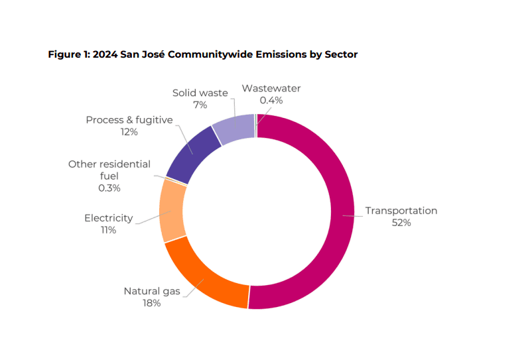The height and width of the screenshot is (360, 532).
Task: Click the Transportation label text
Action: (x=401, y=211)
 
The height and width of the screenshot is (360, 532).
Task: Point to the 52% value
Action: (x=401, y=223)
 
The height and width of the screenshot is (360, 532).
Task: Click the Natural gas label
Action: (x=151, y=291)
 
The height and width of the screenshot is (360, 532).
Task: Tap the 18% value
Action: (x=151, y=303)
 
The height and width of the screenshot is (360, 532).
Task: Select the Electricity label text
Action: (x=109, y=218)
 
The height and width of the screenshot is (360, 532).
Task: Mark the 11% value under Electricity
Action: (x=109, y=230)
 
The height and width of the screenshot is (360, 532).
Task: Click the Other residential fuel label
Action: (x=109, y=170)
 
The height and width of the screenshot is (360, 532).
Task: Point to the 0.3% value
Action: (x=109, y=188)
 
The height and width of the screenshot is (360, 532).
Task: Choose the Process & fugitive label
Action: (x=129, y=120)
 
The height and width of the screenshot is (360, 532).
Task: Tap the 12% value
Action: (x=129, y=132)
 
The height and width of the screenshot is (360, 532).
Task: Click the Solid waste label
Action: (x=200, y=93)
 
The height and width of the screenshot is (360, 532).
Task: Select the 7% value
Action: (x=200, y=105)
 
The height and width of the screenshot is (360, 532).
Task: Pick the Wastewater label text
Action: (x=271, y=88)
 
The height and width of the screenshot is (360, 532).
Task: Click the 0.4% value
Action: (x=271, y=100)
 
